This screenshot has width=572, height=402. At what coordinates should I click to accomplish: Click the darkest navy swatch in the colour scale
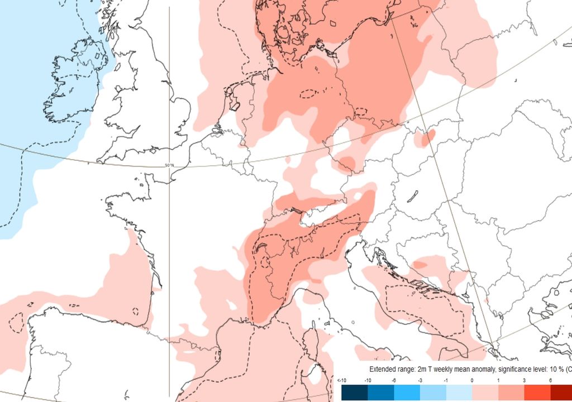(352, 394)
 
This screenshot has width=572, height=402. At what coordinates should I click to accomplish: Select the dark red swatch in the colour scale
(561, 394)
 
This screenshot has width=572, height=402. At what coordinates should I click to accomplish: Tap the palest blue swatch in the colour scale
(457, 394)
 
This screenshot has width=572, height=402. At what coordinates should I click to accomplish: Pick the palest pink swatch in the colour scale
(484, 394)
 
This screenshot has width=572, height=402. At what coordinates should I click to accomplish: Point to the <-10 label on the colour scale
(342, 381)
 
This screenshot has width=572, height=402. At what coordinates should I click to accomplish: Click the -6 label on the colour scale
(394, 381)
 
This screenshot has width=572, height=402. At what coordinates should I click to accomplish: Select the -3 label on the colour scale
(420, 381)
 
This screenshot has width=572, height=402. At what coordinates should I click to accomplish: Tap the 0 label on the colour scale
(473, 381)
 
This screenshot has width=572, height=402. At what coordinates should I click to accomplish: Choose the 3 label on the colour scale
(525, 381)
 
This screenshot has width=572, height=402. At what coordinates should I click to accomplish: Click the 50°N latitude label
(170, 165)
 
